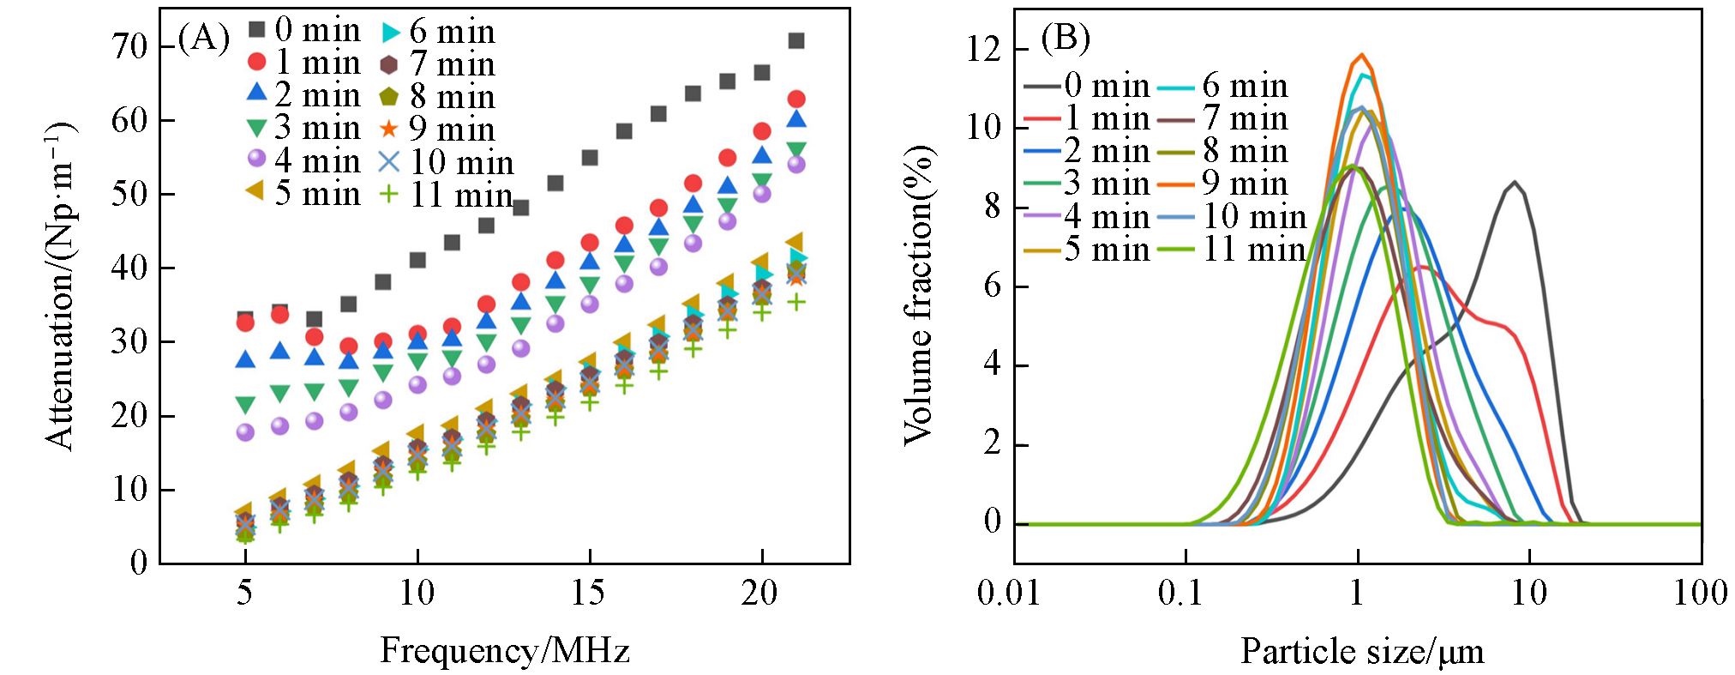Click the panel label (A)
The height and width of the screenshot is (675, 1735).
tap(203, 39)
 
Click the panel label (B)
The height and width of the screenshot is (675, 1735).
tap(1065, 38)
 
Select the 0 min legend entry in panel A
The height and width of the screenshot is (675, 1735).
tap(304, 30)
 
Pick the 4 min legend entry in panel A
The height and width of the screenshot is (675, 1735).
tap(304, 160)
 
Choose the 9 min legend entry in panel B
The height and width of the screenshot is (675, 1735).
tap(1223, 184)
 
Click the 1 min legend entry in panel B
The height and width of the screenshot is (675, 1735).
tap(1086, 118)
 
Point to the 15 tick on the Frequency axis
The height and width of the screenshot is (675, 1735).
tap(589, 593)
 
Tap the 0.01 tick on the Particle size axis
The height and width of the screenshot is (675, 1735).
tap(1009, 593)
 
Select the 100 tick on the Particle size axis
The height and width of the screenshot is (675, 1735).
tap(1700, 593)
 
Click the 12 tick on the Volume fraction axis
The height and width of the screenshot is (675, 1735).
tap(984, 49)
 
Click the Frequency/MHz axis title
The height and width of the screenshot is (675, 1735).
tap(505, 651)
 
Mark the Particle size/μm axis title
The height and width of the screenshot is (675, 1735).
tap(1362, 652)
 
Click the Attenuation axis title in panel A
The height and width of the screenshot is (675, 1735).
tap(61, 286)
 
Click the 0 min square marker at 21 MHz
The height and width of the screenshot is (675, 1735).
tap(796, 40)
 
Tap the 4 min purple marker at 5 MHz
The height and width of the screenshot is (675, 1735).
tap(245, 432)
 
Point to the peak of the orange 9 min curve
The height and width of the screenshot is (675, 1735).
tap(1360, 55)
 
